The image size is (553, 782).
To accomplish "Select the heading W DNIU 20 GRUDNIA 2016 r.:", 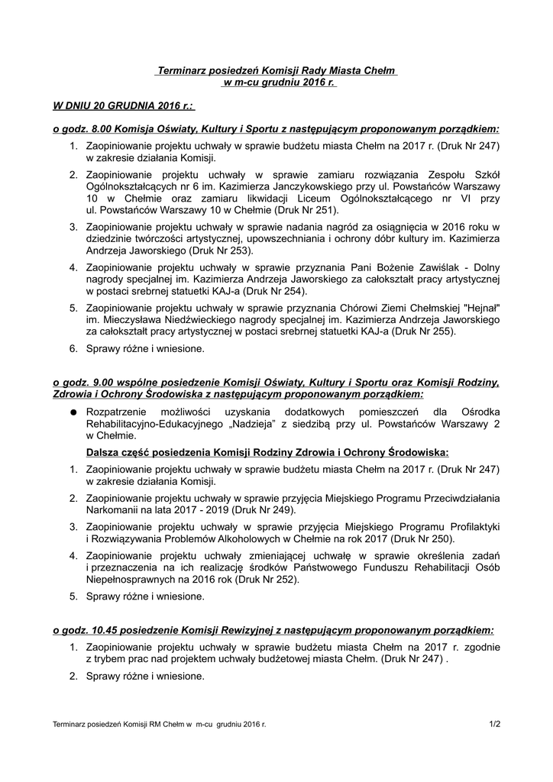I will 123,103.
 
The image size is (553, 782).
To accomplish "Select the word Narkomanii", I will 114,509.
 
